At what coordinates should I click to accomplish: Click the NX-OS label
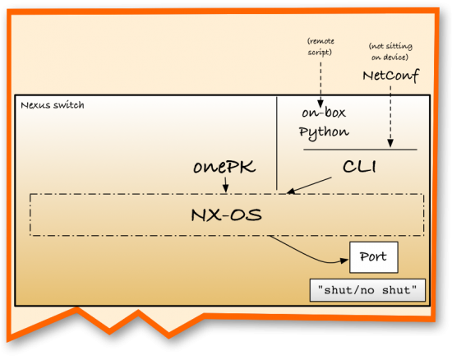pos(227,215)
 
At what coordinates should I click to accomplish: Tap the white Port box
pos(374,257)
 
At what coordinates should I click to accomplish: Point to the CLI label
pos(359,167)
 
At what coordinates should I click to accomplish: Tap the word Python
pos(324,132)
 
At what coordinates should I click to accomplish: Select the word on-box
pos(321,114)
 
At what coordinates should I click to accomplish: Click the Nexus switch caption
pos(52,105)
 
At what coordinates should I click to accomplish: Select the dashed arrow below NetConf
pos(390,115)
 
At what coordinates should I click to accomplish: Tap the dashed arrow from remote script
pos(320,78)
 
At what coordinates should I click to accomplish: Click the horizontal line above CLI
pos(360,150)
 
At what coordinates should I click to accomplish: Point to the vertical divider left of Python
pos(276,144)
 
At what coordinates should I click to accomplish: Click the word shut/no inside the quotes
pos(353,290)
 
